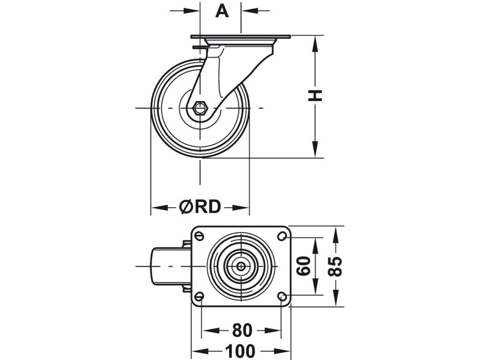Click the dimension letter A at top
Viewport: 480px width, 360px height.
coord(222,11)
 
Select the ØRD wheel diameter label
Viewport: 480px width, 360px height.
coord(200,207)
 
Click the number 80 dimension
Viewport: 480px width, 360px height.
coord(242,330)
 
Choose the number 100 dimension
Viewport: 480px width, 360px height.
coord(240,351)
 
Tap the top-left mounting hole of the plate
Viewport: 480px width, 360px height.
coord(199,236)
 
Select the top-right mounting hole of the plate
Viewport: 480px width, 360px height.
coord(283,236)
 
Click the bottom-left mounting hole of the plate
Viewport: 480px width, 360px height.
coord(199,296)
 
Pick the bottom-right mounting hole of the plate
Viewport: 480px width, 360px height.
coord(283,296)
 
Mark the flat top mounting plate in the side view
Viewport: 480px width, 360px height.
coord(240,37)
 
